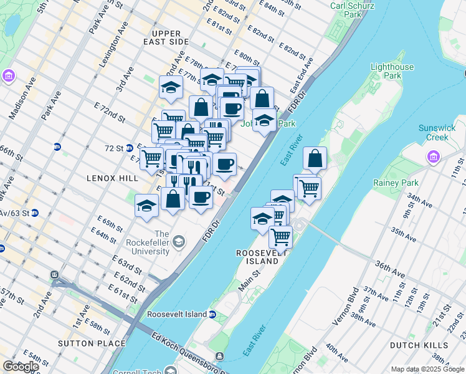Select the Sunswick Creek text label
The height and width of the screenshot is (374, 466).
point(437,132)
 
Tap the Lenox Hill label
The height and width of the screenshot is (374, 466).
point(111,178)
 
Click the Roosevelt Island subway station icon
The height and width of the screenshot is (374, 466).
point(212,314)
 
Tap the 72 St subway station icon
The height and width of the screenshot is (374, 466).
point(130,148)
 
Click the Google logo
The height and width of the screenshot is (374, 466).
point(21,367)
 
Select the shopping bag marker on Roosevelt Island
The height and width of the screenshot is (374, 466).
point(315,159)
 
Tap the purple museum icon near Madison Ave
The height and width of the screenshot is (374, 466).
point(9,76)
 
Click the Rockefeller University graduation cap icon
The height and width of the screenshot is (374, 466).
point(179,241)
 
